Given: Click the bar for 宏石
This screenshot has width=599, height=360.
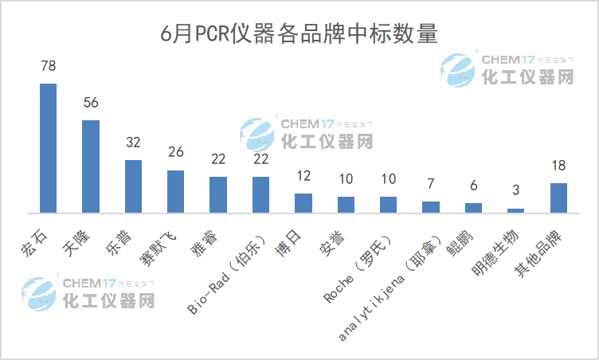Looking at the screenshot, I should click(x=48, y=148).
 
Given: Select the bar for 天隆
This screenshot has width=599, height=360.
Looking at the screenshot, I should click(x=91, y=166).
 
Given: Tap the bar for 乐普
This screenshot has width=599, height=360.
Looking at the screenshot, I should click(x=133, y=186).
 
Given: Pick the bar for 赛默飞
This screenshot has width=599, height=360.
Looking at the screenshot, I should click(x=175, y=192).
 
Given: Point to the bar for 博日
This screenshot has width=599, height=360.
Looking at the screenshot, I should click(x=303, y=203).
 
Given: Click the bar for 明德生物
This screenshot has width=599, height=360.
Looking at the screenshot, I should click(x=516, y=210).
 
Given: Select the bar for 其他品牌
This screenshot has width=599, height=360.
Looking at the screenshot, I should click(x=558, y=198).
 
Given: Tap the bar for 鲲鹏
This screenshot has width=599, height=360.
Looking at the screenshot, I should click(x=473, y=208).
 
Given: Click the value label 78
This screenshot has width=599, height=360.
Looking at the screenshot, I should click(x=48, y=66).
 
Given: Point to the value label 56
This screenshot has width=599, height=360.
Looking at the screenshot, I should click(x=91, y=103).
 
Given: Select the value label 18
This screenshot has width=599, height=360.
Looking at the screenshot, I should click(x=558, y=166).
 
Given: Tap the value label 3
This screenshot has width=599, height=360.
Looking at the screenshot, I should click(x=516, y=191).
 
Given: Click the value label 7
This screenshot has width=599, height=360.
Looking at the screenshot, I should click(x=431, y=185).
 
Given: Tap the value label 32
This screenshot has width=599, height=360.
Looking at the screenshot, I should click(x=133, y=143).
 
